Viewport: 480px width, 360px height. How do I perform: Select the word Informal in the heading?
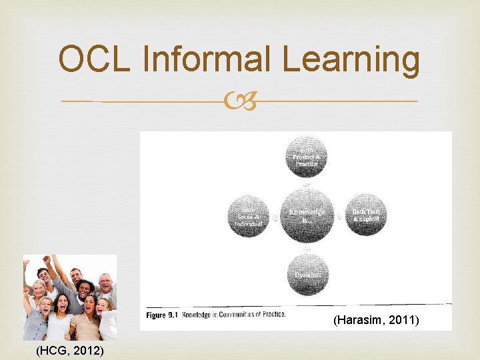[210, 60]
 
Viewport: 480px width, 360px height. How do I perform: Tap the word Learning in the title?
[350, 60]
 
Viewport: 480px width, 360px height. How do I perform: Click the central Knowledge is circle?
[307, 215]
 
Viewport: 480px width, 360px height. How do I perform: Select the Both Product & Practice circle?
[307, 157]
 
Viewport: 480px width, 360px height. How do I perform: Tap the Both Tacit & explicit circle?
[366, 215]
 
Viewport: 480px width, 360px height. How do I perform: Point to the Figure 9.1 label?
[160, 314]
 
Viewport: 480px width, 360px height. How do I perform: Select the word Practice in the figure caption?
[271, 314]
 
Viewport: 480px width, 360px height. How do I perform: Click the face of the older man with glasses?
[106, 284]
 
